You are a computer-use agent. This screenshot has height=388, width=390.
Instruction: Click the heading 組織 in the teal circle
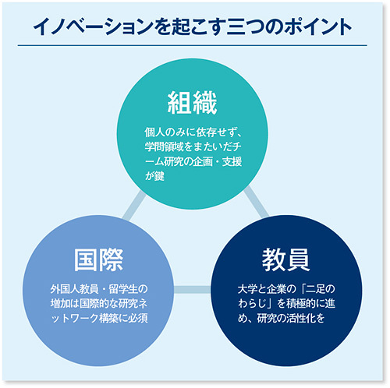click(x=192, y=103)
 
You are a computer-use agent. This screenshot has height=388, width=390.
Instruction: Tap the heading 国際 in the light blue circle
click(x=98, y=260)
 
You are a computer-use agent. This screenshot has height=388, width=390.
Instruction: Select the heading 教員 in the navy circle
click(x=285, y=260)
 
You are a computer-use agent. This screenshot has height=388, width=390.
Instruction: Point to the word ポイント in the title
click(x=317, y=27)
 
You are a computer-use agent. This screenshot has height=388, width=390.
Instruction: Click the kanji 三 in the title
click(x=236, y=27)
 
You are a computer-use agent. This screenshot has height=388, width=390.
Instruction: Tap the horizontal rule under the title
click(x=193, y=45)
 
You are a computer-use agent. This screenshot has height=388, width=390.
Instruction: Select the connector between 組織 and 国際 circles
click(x=134, y=206)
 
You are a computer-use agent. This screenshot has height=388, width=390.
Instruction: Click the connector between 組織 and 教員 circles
click(x=256, y=202)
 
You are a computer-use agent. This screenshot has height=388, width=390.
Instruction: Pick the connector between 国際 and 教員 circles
click(x=193, y=290)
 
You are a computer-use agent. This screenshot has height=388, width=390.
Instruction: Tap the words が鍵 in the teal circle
click(x=154, y=176)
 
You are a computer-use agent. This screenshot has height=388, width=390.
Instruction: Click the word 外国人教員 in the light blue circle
click(x=74, y=289)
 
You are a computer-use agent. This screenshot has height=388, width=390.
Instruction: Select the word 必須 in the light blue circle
click(x=138, y=318)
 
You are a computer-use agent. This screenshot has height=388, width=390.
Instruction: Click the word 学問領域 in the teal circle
click(x=164, y=146)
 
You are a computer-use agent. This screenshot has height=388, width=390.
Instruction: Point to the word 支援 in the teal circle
click(x=232, y=161)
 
